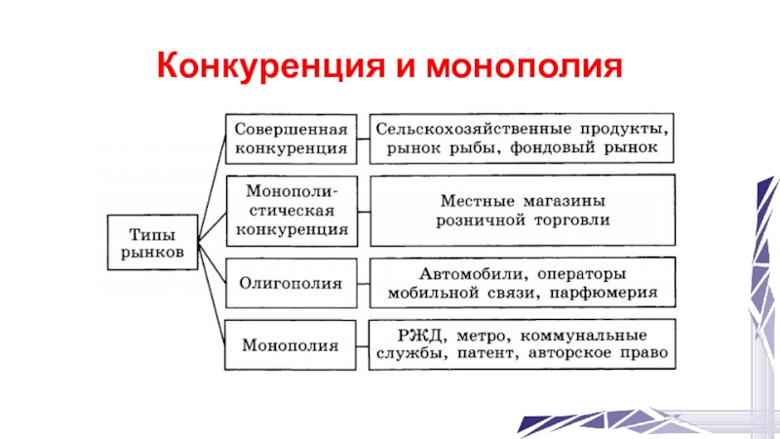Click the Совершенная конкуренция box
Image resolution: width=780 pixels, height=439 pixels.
tap(290, 140)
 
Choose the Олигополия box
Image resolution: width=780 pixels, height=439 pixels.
tap(290, 284)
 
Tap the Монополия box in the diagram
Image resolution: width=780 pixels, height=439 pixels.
tap(290, 344)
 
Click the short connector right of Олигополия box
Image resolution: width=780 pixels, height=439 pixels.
tap(361, 284)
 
